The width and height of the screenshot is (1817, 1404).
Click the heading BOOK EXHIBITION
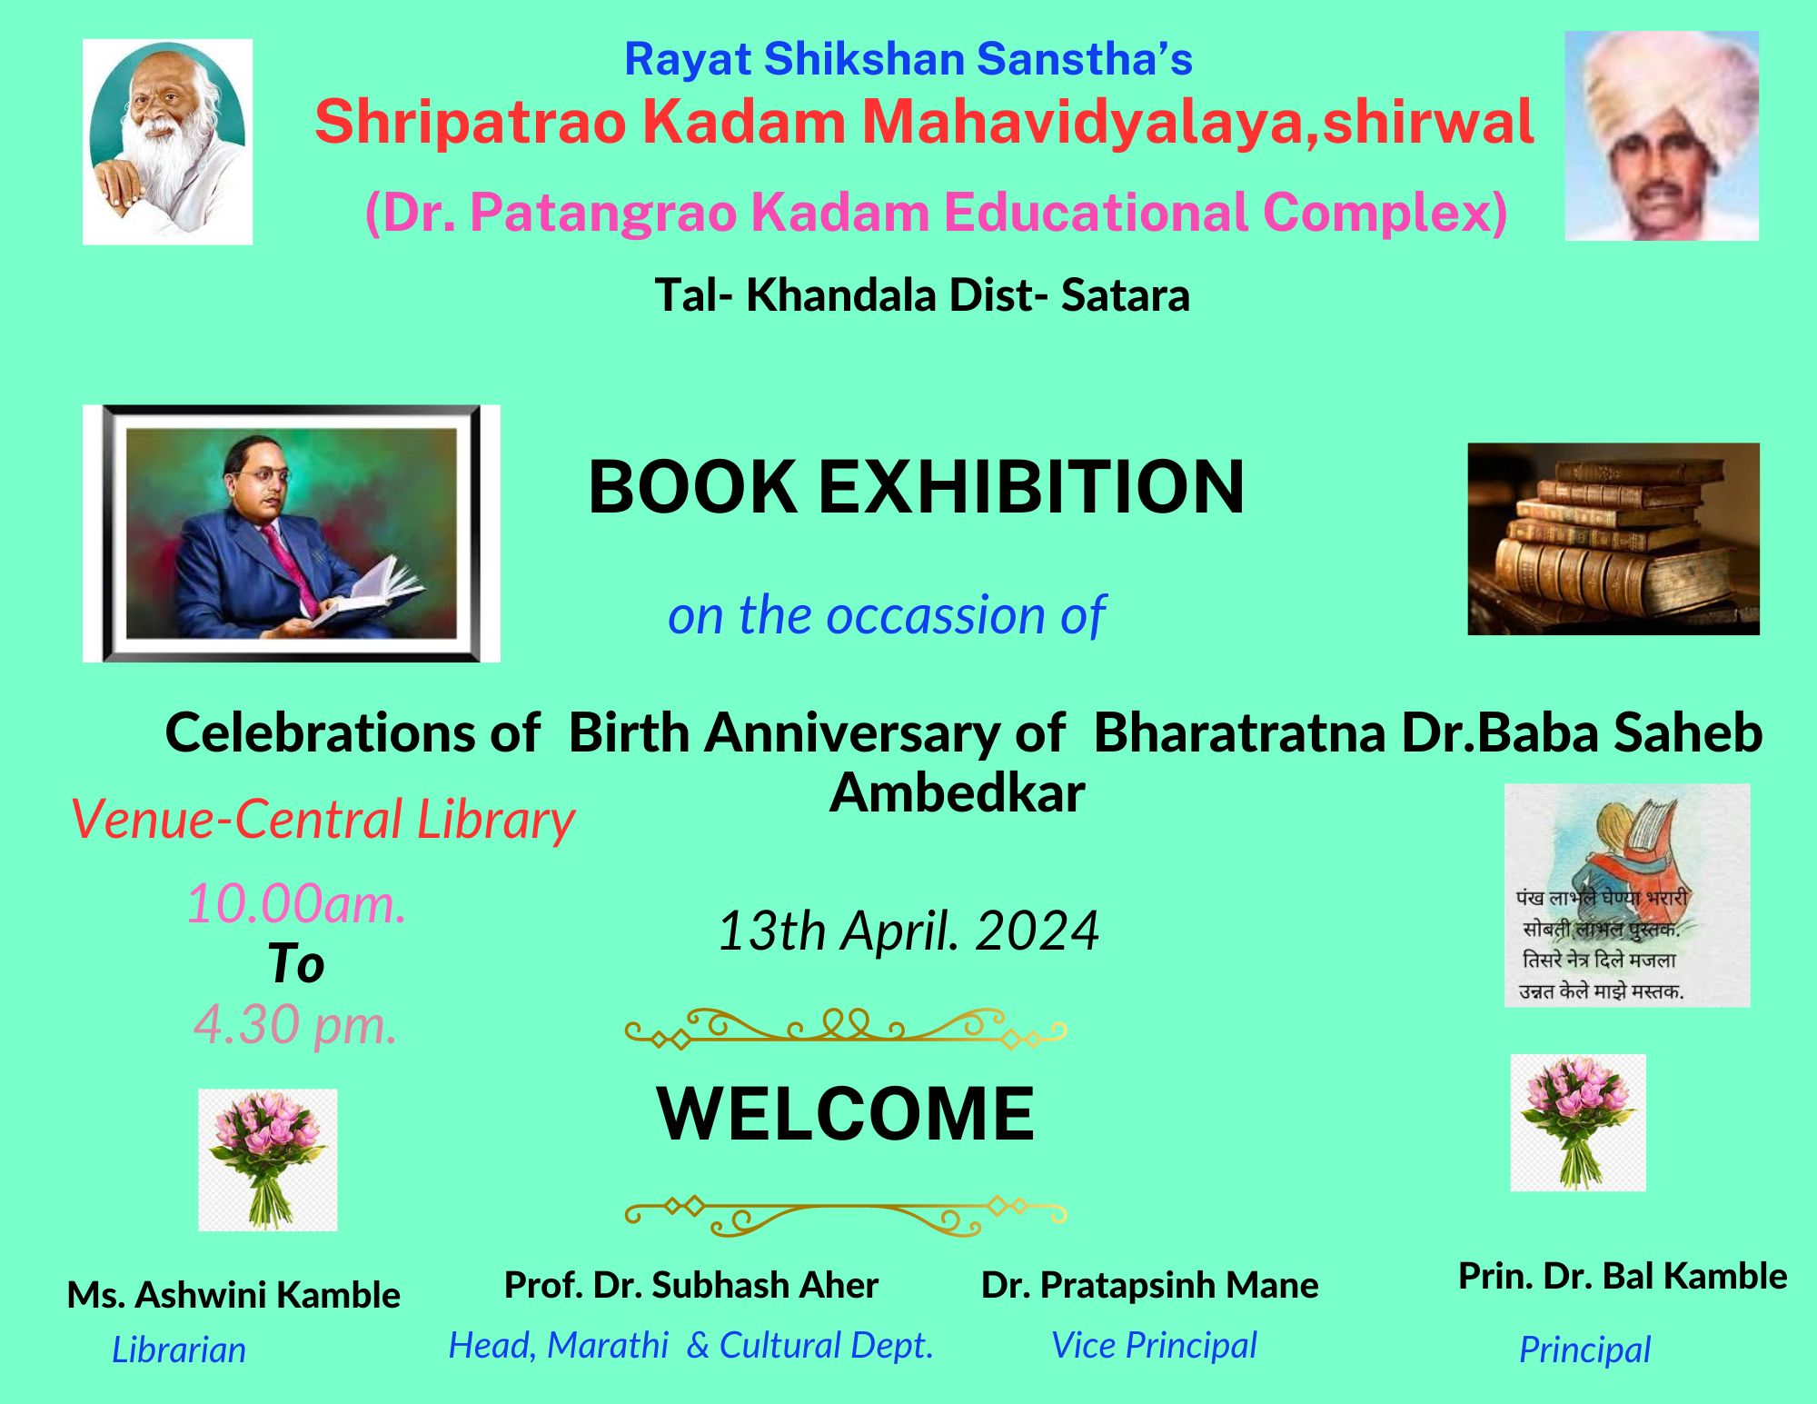(x=916, y=487)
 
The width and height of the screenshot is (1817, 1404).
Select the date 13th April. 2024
(x=908, y=931)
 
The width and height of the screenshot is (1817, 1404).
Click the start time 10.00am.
(x=296, y=904)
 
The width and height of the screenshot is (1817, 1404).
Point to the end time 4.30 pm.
(x=296, y=1025)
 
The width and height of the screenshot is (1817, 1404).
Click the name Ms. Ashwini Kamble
(x=233, y=1295)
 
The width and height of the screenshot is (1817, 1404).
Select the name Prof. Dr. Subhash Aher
(x=691, y=1285)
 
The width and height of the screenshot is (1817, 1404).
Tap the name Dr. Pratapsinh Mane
(x=1150, y=1285)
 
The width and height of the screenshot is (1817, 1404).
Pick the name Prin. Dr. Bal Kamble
(x=1623, y=1276)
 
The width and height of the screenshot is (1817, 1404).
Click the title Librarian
(x=179, y=1350)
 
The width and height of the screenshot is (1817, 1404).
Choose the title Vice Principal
(x=1154, y=1346)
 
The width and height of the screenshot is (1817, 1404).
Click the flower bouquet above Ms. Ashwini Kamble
(x=267, y=1160)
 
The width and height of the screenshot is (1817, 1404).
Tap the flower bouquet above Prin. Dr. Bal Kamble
(x=1578, y=1122)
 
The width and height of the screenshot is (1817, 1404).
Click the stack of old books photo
(x=1613, y=539)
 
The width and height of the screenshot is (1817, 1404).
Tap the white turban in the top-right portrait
(x=1661, y=91)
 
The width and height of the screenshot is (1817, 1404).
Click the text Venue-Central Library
(x=323, y=821)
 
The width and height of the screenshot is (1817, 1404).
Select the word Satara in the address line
(x=1125, y=295)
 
